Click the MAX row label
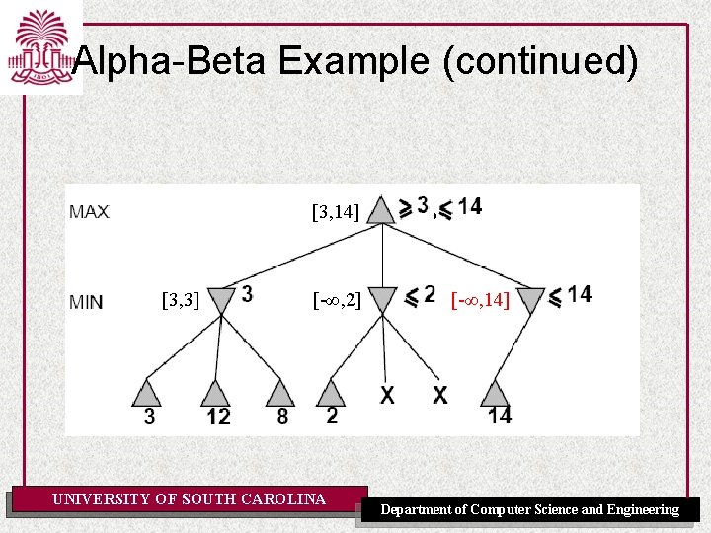pyautogui.click(x=90, y=212)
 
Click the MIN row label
pyautogui.click(x=87, y=302)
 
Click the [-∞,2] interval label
pyautogui.click(x=336, y=299)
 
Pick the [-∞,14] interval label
pyautogui.click(x=480, y=299)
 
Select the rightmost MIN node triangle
pyautogui.click(x=531, y=298)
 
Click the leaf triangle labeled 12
pyautogui.click(x=215, y=393)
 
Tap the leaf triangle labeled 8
pyautogui.click(x=280, y=393)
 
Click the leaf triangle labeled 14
pyautogui.click(x=497, y=393)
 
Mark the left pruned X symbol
pyautogui.click(x=387, y=395)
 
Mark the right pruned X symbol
pyautogui.click(x=439, y=395)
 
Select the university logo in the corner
pyautogui.click(x=40, y=46)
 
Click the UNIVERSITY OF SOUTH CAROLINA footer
pyautogui.click(x=189, y=499)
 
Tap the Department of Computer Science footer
pyautogui.click(x=530, y=510)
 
